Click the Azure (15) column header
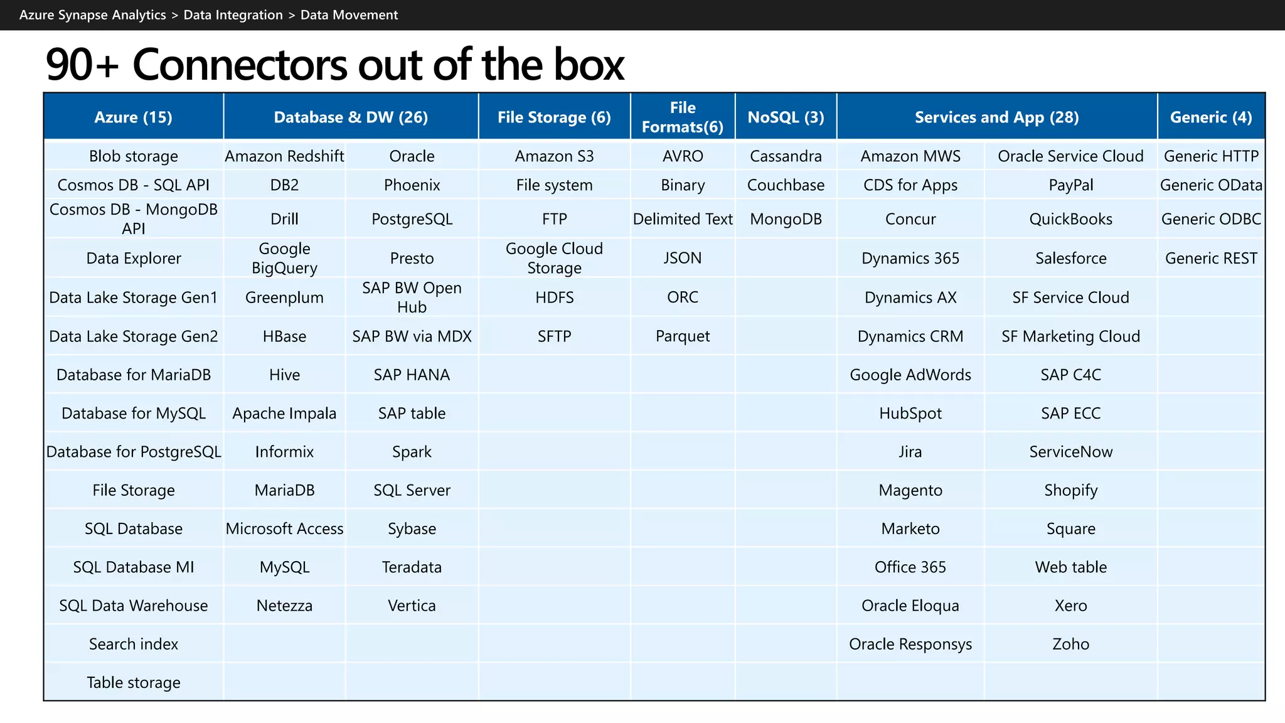[x=133, y=117]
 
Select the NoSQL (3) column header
[x=786, y=117]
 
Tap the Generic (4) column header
[x=1211, y=117]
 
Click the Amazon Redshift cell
[x=284, y=156]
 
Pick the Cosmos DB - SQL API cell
[x=133, y=185]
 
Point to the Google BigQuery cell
[x=284, y=258]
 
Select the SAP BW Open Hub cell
[x=412, y=297]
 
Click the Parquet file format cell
[x=683, y=336]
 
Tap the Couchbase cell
[x=786, y=185]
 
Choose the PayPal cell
[x=1070, y=185]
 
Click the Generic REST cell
[x=1211, y=258]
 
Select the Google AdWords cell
[x=910, y=375]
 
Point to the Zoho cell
[x=1070, y=644]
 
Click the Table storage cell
[x=133, y=682]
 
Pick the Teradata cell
[x=412, y=567]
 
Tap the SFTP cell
[x=554, y=336]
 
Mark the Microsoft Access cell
[x=284, y=528]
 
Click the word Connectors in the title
[x=238, y=65]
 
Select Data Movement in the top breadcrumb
[x=349, y=15]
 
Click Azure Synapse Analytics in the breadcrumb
[x=93, y=15]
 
